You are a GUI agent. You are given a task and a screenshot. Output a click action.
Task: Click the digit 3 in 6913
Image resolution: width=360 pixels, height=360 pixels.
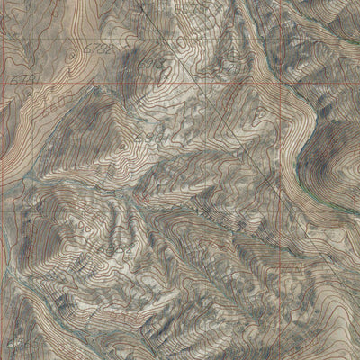163,66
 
